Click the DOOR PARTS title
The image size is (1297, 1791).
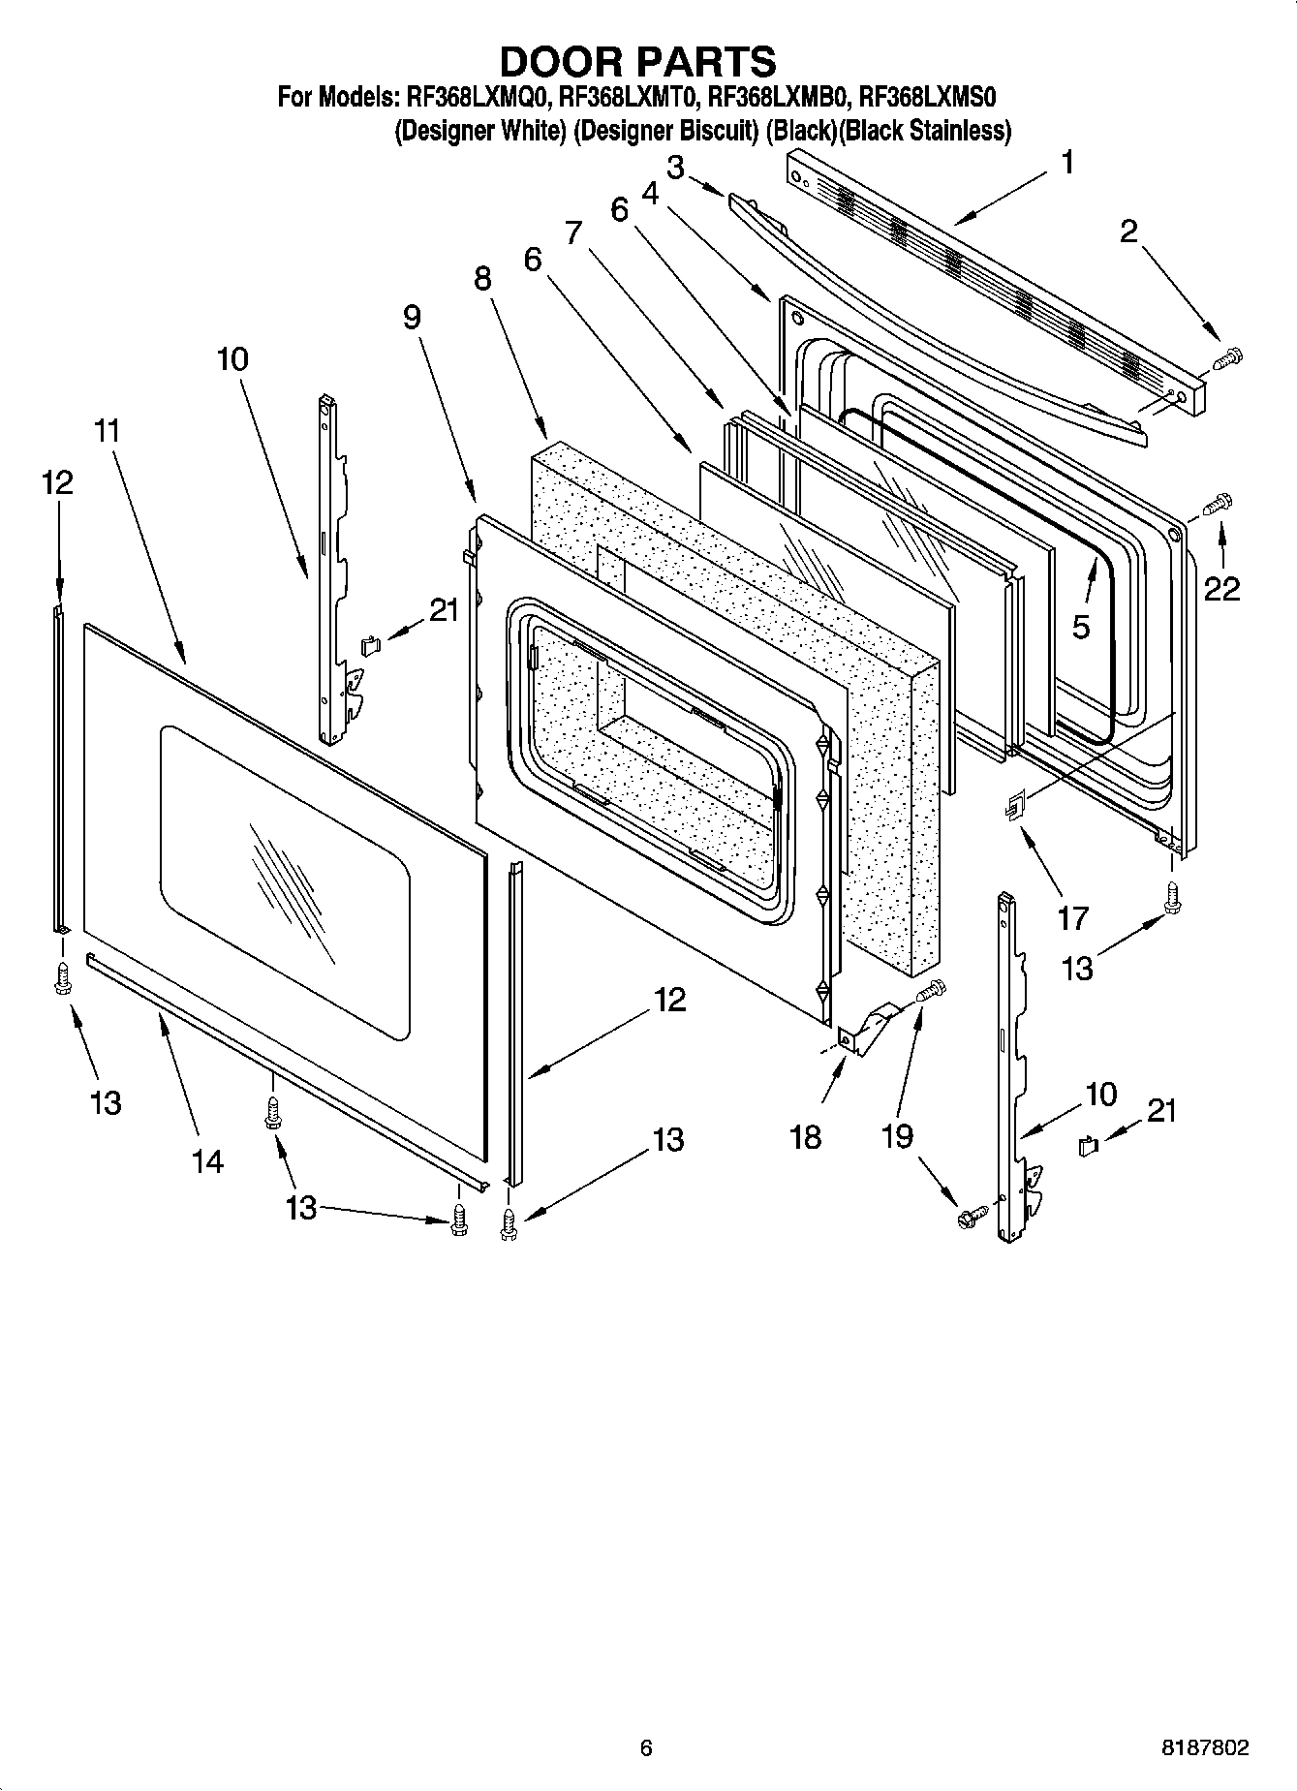coord(637,61)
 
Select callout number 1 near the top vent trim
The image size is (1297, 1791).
coord(1066,162)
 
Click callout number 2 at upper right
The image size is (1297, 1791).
coord(1128,232)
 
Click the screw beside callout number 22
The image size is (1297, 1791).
coord(1216,504)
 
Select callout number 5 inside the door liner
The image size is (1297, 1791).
coord(1081,628)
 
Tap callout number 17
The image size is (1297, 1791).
coord(1072,916)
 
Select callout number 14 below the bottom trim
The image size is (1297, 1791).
coord(207,1160)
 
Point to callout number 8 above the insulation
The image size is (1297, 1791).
coord(481,278)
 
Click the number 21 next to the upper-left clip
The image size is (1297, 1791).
coord(444,610)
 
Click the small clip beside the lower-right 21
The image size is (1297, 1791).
coord(1086,1147)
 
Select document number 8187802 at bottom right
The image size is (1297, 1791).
coord(1204,1747)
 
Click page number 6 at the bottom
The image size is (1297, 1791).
coord(646,1747)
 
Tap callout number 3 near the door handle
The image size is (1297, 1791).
coord(674,167)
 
